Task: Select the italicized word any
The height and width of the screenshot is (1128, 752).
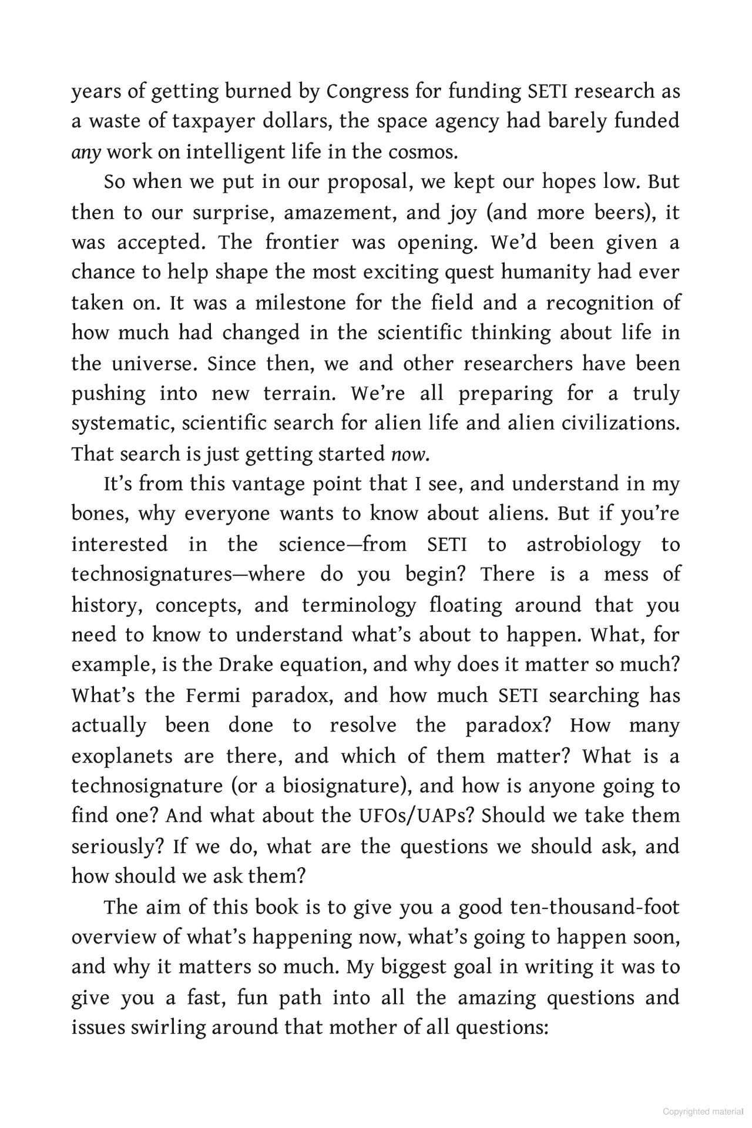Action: pyautogui.click(x=86, y=152)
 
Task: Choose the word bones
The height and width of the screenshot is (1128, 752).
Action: pyautogui.click(x=98, y=514)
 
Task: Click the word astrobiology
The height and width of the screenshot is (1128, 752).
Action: pyautogui.click(x=583, y=544)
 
